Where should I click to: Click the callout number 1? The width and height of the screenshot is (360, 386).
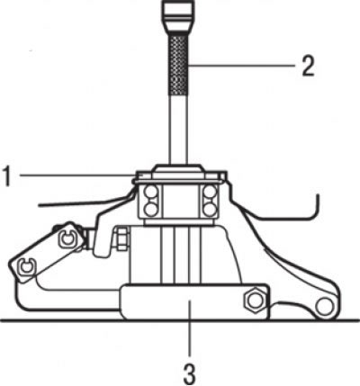[7, 176]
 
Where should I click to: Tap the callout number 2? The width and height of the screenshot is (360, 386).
[308, 66]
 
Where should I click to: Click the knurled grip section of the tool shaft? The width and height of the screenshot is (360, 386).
[179, 65]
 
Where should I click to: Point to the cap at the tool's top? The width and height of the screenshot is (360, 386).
[179, 16]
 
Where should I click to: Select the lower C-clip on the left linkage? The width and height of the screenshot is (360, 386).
[27, 265]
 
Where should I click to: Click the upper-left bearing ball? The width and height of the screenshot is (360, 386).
[151, 192]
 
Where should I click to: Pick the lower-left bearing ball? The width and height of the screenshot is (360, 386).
[151, 209]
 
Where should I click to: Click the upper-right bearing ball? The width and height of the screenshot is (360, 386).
[210, 192]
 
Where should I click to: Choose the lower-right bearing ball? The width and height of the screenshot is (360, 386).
[210, 209]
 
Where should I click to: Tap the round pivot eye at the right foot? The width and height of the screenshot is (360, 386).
[324, 306]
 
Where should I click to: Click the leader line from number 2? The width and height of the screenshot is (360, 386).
[242, 65]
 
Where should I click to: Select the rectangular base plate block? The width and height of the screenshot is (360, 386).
[195, 302]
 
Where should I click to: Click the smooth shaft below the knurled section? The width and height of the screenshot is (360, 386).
[179, 130]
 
